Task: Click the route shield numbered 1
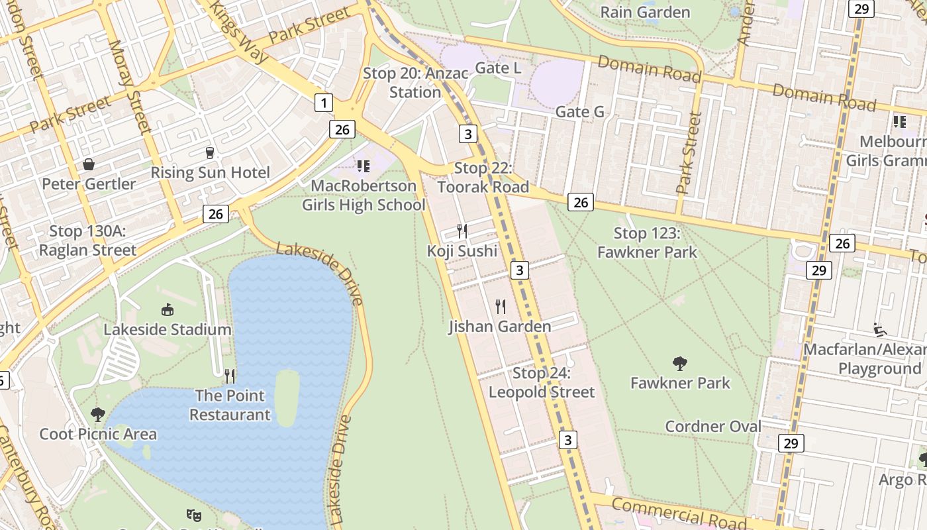click(x=323, y=103)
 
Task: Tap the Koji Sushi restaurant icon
click(x=462, y=231)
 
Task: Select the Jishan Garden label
click(x=499, y=327)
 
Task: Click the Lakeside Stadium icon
click(x=168, y=309)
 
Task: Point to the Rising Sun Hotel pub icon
click(x=210, y=153)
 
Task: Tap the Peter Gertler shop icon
click(x=89, y=164)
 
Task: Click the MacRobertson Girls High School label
click(x=364, y=195)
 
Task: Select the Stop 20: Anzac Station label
click(x=415, y=83)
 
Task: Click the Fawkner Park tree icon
click(x=679, y=363)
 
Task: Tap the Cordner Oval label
click(x=713, y=427)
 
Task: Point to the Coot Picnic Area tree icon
click(x=98, y=415)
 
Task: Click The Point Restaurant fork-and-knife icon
click(x=230, y=376)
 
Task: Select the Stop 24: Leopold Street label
click(x=542, y=383)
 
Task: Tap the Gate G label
click(x=579, y=112)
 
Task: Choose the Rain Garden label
click(x=644, y=12)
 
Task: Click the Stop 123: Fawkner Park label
click(x=647, y=242)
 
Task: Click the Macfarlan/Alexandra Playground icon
click(x=879, y=329)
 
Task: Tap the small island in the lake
click(x=287, y=397)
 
